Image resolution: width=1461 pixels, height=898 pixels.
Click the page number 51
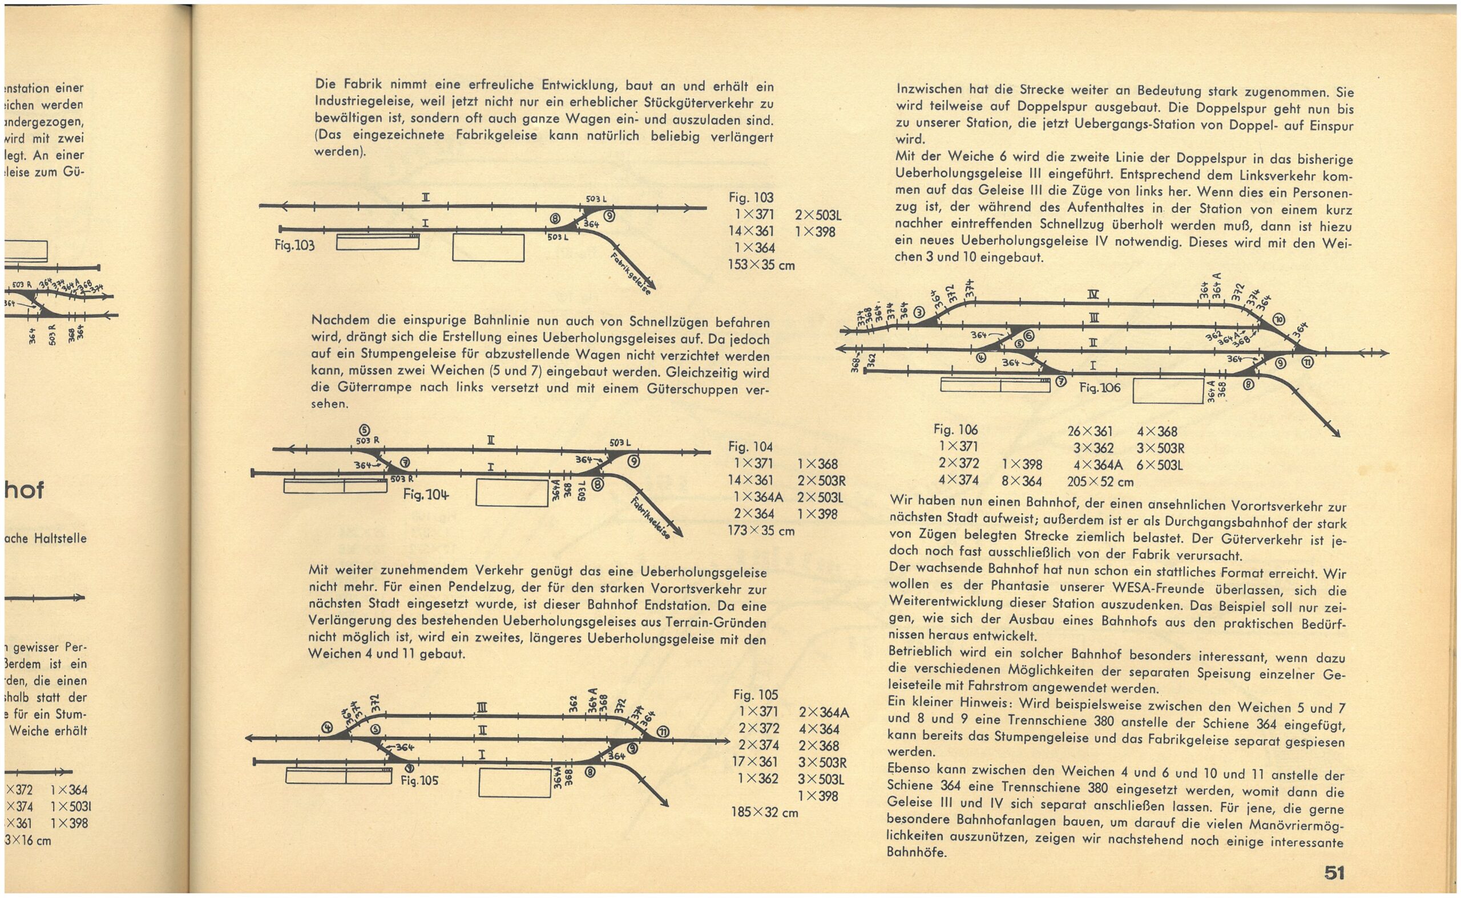tap(1334, 872)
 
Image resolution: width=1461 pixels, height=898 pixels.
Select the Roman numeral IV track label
tap(1092, 294)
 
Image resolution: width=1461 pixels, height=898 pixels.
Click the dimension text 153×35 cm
tap(761, 265)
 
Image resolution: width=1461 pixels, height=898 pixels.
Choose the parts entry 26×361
tap(1089, 431)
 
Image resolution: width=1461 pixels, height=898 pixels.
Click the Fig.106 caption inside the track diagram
tap(1100, 388)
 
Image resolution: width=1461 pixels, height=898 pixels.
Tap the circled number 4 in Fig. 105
tap(326, 727)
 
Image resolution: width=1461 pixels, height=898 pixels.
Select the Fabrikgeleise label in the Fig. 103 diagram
tap(631, 274)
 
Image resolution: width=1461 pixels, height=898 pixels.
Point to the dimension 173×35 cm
tap(761, 530)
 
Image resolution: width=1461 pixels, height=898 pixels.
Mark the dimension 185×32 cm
tap(764, 812)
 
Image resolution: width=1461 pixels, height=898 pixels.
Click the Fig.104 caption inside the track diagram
tap(426, 494)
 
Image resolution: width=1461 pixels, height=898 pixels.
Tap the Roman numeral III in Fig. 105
tap(482, 707)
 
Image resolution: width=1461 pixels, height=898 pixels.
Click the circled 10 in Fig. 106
tap(1278, 320)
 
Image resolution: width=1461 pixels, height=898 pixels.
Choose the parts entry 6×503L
tap(1160, 465)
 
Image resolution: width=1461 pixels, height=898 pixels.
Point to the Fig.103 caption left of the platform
tap(295, 245)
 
